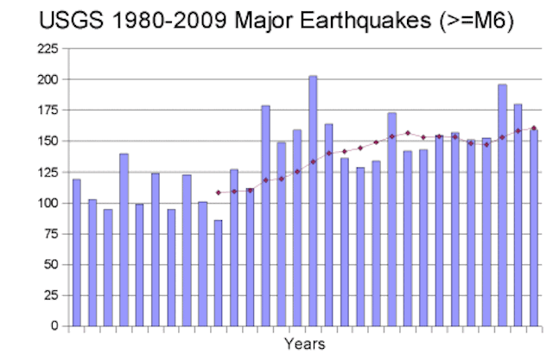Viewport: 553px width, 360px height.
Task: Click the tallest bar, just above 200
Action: point(313,201)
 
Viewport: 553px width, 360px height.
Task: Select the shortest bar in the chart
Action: point(219,274)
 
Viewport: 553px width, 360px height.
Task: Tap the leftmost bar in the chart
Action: point(77,253)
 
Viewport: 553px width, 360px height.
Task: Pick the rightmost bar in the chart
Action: point(534,228)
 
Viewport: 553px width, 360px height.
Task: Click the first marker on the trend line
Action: point(219,193)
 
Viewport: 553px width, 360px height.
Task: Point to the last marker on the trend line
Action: point(534,129)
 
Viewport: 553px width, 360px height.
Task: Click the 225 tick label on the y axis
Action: point(48,48)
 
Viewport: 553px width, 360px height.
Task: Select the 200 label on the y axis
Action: point(48,79)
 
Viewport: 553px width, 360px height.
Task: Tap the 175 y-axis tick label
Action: point(48,111)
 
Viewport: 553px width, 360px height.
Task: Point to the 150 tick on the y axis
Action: point(48,142)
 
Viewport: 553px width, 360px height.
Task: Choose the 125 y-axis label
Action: point(48,173)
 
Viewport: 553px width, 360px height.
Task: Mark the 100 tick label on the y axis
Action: point(48,203)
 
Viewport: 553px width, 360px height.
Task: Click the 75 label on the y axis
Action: point(51,234)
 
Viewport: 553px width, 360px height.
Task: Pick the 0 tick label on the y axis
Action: point(54,325)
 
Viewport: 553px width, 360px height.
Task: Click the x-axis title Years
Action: point(305,344)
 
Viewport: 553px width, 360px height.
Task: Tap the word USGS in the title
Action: point(71,20)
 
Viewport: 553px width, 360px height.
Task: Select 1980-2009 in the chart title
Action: point(169,20)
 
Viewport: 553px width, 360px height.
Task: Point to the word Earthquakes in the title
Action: point(365,21)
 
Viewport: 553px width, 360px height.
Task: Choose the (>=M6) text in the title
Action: point(476,21)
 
